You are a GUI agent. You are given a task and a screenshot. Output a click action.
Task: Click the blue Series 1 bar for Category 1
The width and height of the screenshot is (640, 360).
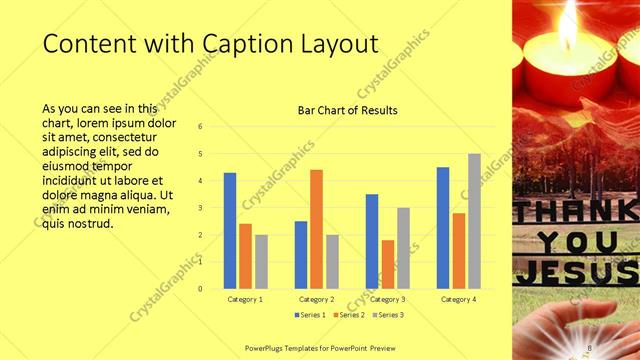tap(230, 231)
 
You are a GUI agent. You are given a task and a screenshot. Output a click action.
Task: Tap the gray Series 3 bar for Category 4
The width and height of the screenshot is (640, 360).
tap(474, 221)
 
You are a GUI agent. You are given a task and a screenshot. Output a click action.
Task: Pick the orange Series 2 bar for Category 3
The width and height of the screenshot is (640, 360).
tap(387, 264)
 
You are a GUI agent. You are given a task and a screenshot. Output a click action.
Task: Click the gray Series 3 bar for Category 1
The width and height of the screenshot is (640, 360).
tap(261, 262)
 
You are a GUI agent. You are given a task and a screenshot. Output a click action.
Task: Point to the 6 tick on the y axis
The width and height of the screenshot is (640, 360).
tap(201, 127)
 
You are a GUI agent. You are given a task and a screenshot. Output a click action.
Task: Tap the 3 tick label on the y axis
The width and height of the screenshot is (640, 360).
tap(201, 208)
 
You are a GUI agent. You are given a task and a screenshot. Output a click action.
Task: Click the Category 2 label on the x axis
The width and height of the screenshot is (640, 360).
tap(317, 299)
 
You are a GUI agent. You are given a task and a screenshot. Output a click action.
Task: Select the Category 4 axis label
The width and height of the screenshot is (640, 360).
tap(458, 299)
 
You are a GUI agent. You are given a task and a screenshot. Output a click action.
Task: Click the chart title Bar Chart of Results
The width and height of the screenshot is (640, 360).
tap(347, 110)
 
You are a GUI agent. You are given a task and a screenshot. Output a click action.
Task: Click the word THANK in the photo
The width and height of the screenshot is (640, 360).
tap(575, 211)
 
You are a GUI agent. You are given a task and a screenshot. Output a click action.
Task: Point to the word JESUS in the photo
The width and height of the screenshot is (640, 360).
tap(575, 271)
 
